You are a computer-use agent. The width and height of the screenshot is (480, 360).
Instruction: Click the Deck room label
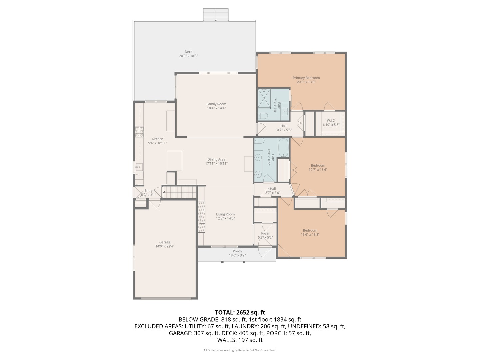[x=188, y=52]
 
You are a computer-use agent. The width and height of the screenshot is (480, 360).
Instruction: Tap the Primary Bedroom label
[x=306, y=78]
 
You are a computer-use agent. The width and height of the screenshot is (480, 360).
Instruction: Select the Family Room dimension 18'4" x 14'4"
[x=216, y=108]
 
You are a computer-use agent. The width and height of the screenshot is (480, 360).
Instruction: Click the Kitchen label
[x=157, y=139]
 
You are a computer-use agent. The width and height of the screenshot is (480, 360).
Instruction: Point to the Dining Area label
[x=216, y=159]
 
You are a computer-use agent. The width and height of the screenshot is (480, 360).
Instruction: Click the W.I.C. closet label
[x=331, y=121]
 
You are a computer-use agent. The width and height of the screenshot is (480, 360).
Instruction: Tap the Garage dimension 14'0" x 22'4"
[x=165, y=246]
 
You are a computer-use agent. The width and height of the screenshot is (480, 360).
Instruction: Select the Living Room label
[x=225, y=214]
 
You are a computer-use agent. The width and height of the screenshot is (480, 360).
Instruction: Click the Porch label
[x=237, y=251]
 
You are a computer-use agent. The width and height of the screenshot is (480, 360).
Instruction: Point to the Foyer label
[x=265, y=233]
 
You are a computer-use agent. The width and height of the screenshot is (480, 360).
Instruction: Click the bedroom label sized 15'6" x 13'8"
[x=310, y=230]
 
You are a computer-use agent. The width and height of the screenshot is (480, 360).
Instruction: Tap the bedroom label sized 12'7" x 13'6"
[x=318, y=165]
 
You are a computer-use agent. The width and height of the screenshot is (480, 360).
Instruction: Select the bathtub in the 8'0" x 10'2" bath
[x=284, y=148]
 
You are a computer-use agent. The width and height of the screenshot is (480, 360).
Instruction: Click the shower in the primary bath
[x=264, y=98]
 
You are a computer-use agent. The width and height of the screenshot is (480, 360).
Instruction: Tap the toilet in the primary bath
[x=263, y=116]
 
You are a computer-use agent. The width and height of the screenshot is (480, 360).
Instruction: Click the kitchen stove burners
[x=139, y=132]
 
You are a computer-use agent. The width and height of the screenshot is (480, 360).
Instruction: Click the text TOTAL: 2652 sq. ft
[x=240, y=312]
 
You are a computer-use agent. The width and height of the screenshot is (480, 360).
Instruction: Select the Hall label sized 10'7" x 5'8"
[x=283, y=126]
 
